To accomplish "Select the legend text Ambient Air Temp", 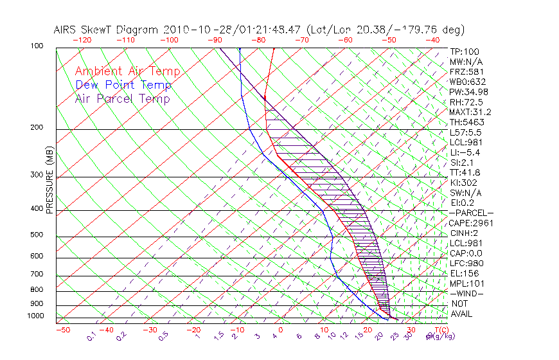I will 127,71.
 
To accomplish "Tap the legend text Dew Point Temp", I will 123,85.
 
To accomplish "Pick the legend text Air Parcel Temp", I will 122,98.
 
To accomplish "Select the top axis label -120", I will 81,39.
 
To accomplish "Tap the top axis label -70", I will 301,39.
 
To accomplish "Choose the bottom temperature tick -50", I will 62,330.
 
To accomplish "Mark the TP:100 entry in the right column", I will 464,51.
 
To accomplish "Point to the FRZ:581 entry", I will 466,71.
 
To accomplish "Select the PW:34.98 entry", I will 469,92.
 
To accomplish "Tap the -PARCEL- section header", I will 471,213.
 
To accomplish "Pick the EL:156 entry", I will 464,273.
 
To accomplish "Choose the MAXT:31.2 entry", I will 471,112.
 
